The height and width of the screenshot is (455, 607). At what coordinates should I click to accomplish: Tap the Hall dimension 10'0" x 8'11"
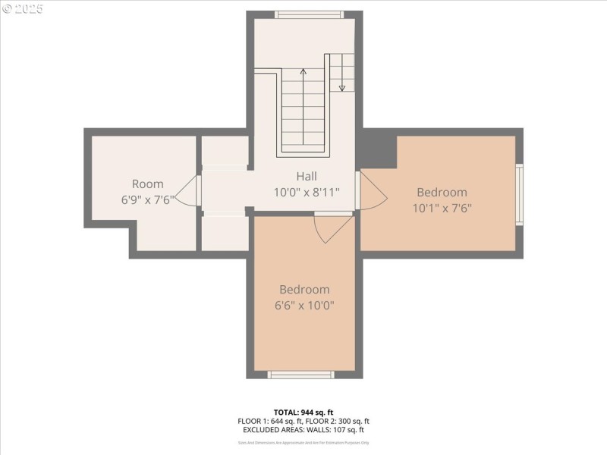coord(307,193)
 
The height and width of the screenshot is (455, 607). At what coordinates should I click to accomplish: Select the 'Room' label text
coord(147,184)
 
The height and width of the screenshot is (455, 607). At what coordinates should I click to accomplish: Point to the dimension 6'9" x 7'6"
coord(147,200)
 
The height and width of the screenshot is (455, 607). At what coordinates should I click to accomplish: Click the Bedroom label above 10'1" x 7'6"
coord(442,192)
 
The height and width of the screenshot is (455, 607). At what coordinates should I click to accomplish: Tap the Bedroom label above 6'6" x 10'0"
coord(304,289)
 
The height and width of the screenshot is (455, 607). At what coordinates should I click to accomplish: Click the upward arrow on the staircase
coord(303,74)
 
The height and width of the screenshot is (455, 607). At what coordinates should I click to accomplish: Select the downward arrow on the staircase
coord(342,85)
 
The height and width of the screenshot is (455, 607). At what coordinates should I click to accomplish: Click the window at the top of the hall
coord(309,14)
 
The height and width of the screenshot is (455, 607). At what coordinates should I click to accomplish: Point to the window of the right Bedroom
coord(520,194)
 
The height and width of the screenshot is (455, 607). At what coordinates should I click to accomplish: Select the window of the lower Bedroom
coord(301,374)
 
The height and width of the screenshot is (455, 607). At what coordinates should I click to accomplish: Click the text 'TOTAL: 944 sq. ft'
coord(303,412)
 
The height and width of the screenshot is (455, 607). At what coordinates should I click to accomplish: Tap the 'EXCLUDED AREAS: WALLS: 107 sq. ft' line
coord(303,429)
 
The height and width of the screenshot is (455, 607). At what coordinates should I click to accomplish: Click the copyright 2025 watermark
coord(23,8)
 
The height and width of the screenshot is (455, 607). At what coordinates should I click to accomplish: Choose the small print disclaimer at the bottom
coord(303,442)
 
